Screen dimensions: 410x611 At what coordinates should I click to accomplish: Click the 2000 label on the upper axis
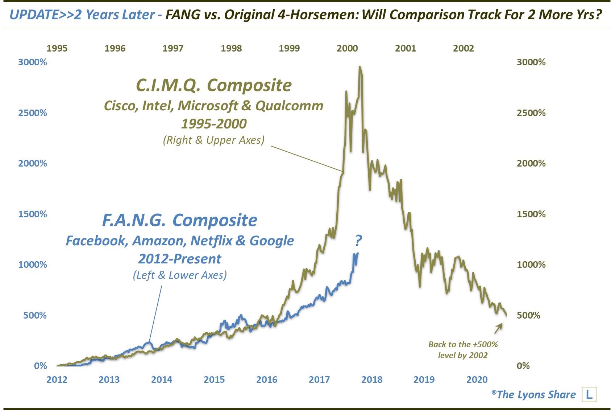[347, 48]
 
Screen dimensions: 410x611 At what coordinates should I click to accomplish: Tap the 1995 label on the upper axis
[57, 48]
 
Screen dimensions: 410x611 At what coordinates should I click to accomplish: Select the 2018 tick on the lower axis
[372, 380]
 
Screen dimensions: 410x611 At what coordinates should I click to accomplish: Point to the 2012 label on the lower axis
[57, 380]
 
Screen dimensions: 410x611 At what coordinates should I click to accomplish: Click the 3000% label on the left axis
[33, 62]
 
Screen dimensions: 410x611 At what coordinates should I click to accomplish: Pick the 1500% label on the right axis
[531, 214]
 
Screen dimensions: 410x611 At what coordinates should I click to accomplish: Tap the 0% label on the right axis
[523, 366]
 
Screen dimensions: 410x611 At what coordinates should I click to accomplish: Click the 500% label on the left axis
[35, 315]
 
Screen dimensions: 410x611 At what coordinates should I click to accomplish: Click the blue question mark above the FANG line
[358, 240]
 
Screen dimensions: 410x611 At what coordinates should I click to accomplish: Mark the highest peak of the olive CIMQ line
[359, 67]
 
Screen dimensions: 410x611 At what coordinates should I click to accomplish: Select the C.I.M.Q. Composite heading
[213, 85]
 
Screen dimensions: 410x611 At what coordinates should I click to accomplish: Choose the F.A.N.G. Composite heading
[179, 220]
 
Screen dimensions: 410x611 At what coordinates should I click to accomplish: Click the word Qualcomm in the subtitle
[289, 106]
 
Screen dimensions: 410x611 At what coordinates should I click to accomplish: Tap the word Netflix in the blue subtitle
[211, 241]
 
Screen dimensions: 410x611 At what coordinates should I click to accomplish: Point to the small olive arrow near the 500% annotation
[498, 328]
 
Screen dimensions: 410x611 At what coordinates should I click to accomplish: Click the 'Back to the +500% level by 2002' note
[463, 349]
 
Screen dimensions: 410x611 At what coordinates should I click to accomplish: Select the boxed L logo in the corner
[589, 394]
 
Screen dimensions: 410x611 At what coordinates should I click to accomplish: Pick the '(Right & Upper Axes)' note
[213, 140]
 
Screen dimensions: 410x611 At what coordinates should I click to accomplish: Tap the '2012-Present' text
[179, 259]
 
